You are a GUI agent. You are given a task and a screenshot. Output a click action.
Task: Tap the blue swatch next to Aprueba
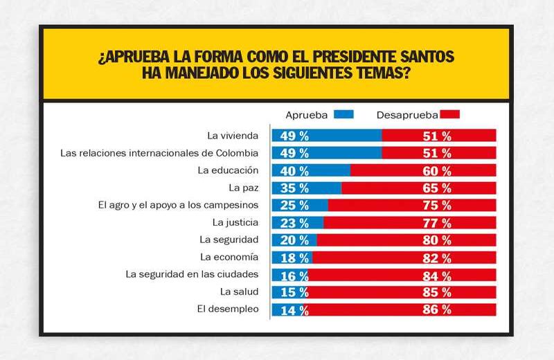343,114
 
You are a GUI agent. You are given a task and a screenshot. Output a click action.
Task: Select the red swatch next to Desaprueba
449,114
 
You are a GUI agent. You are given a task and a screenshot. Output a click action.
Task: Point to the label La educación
228,170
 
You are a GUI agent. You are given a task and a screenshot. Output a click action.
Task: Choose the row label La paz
243,188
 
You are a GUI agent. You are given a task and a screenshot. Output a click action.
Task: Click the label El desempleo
229,309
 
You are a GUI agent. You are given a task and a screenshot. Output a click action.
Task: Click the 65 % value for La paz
437,188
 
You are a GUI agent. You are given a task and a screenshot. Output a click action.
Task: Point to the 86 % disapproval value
437,309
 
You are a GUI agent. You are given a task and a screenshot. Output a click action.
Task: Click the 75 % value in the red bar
437,205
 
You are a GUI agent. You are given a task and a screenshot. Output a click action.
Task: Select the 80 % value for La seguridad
437,240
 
